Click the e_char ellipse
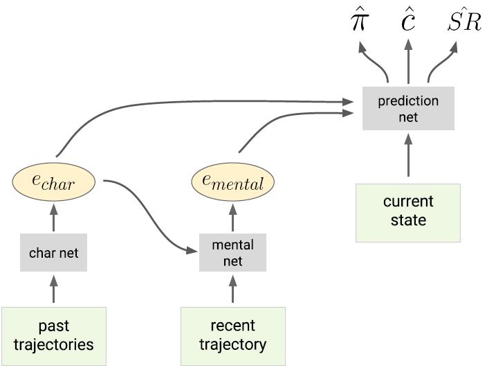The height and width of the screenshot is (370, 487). coord(53,182)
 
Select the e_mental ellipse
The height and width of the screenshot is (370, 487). coord(232,182)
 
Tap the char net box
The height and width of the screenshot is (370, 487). coord(53,253)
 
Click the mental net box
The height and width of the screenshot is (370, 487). coord(232,253)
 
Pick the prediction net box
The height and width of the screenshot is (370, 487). coord(408,109)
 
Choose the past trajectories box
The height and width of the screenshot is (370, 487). coord(54,335)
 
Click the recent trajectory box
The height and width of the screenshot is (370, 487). coord(232,335)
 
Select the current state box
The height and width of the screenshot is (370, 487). coord(408,212)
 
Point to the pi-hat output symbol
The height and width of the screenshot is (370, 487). coord(359,22)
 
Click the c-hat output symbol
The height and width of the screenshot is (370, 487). coord(408,22)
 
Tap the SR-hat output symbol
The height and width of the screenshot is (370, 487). coord(463,22)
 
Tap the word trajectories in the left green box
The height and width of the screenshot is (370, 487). coord(54,344)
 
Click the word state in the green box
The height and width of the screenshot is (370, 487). coord(408,221)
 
